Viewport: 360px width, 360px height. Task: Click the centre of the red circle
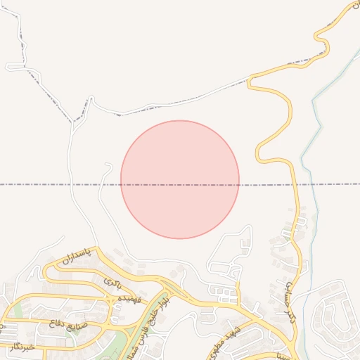(x=180, y=179)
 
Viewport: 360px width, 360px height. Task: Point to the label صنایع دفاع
(x=68, y=324)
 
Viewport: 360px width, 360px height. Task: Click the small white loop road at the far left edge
(x=15, y=67)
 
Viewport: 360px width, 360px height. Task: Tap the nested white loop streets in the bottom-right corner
(x=334, y=320)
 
